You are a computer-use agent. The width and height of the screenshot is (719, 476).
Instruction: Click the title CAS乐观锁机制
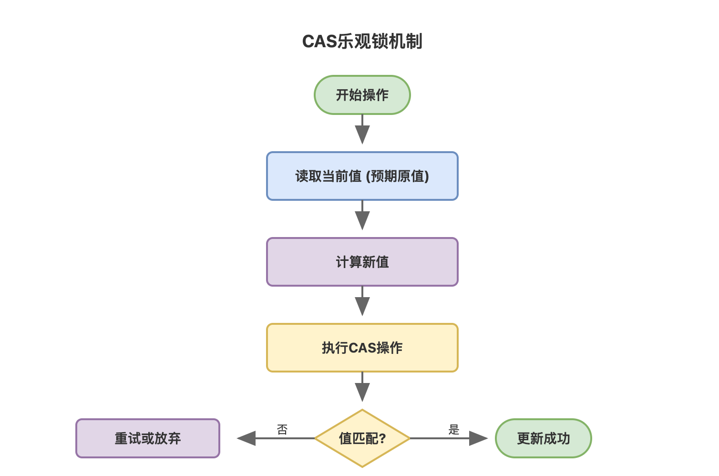coord(362,41)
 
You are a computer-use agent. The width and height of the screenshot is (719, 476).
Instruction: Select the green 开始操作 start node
coord(362,95)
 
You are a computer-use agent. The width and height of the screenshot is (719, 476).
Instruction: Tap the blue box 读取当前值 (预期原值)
coord(362,176)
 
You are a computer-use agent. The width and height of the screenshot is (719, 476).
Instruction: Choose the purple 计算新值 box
coord(362,262)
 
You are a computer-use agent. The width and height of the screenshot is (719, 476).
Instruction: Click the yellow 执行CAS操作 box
coord(362,348)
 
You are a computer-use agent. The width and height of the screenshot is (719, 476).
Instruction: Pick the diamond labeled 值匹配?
coord(362,438)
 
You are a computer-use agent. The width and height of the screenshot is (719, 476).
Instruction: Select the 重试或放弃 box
coord(147,438)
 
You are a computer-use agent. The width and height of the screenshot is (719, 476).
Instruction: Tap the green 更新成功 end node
coord(543,438)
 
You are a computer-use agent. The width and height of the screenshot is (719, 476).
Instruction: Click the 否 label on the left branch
coord(282,430)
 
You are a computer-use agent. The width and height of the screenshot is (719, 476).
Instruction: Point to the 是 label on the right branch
coord(454,430)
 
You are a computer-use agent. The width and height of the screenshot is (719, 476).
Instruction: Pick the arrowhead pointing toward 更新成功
coord(478,438)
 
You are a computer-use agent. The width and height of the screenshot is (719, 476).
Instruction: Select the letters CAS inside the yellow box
coord(362,348)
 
